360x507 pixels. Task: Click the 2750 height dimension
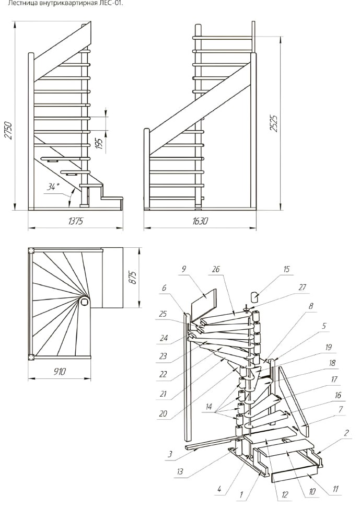click(x=8, y=131)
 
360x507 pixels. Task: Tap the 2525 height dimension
click(x=274, y=122)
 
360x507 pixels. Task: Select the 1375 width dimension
click(x=76, y=221)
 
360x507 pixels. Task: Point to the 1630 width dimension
click(x=200, y=221)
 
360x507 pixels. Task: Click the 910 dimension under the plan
click(x=60, y=372)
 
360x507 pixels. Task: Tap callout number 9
click(x=184, y=269)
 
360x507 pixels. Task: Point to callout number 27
click(x=302, y=287)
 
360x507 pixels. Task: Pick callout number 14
click(x=209, y=407)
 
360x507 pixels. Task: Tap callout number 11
click(x=335, y=489)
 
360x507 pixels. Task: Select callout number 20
click(x=163, y=413)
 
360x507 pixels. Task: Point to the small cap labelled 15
click(x=255, y=296)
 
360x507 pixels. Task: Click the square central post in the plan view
click(x=85, y=302)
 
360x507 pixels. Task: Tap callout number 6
click(x=164, y=287)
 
